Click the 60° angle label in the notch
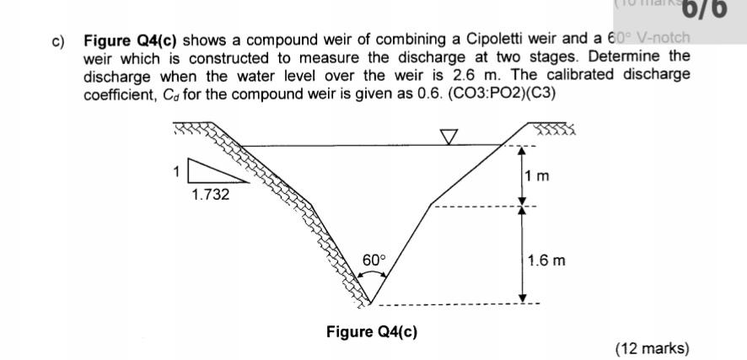coord(374,261)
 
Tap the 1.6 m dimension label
coord(545,261)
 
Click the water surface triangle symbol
coord(449,137)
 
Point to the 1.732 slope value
coord(209,194)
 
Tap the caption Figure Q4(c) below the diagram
coord(371,331)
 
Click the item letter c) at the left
coord(61,40)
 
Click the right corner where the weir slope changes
coord(432,204)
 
